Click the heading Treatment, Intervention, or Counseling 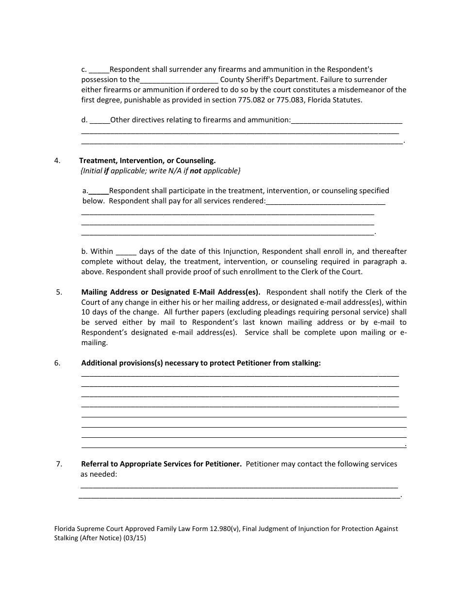(147, 161)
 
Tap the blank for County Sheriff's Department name (179, 80)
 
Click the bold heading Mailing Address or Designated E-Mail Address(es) (171, 292)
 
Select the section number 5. (59, 292)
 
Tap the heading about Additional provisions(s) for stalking (201, 363)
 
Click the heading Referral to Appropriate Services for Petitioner (161, 464)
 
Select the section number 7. (59, 464)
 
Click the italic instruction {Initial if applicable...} (160, 171)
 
